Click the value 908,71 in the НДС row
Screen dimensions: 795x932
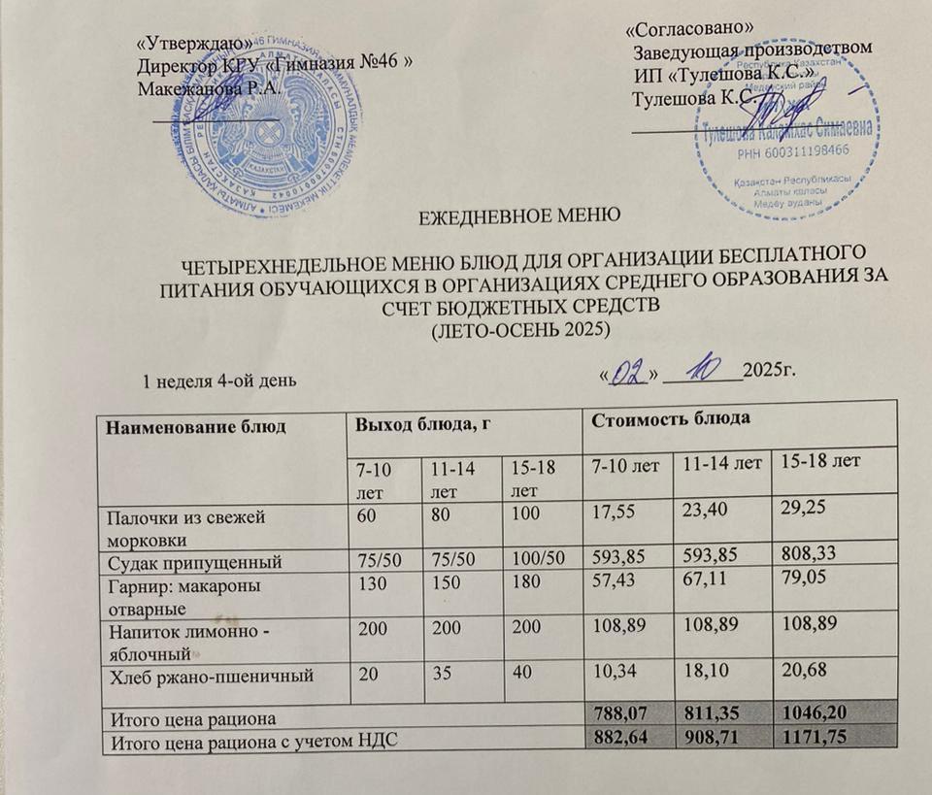[715, 740]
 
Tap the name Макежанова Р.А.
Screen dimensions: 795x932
[210, 87]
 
